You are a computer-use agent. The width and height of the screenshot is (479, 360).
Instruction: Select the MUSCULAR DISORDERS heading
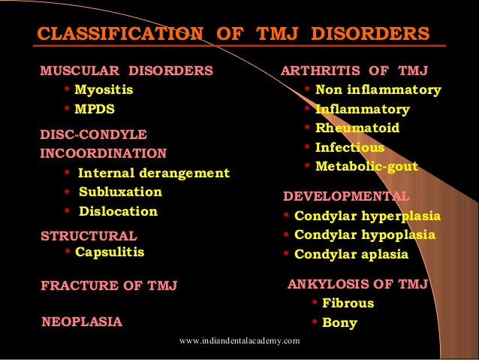coord(126,72)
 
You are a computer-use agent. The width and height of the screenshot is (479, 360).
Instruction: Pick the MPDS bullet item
coord(95,109)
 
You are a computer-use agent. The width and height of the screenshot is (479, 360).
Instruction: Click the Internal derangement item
coord(154,174)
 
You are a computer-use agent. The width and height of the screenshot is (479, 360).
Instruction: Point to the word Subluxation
coord(120,192)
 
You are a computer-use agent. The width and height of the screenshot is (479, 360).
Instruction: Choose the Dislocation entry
coord(118,212)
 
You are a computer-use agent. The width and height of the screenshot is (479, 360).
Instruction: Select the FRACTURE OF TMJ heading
coord(109,286)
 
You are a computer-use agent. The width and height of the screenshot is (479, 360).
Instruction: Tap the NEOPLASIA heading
coord(82,322)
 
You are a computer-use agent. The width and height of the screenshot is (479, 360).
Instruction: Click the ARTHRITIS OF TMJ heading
coord(354,72)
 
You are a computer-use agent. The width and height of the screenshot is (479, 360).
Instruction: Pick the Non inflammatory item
coord(378,90)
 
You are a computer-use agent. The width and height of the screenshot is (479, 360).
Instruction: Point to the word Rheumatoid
coord(357,129)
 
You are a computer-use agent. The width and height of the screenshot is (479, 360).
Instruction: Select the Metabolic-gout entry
coord(366,166)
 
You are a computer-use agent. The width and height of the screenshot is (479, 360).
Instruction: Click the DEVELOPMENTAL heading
coord(346,198)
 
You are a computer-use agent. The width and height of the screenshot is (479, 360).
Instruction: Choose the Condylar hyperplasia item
coord(367,216)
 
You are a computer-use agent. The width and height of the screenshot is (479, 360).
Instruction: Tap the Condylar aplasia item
coord(351,254)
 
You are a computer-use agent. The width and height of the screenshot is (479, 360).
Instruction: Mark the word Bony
coord(339,323)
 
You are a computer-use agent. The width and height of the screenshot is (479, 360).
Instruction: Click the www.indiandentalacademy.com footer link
coord(239,341)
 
